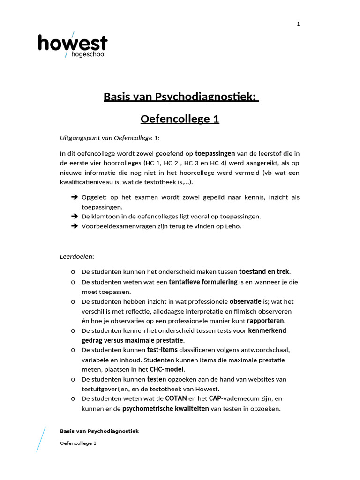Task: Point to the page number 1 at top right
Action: click(x=298, y=24)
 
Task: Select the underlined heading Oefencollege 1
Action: click(x=180, y=119)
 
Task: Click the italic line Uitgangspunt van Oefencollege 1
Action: click(x=110, y=138)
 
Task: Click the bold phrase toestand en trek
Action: click(x=264, y=271)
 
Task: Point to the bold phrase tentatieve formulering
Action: click(x=203, y=282)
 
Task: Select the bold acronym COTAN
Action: click(x=176, y=398)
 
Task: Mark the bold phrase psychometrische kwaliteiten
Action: click(x=165, y=408)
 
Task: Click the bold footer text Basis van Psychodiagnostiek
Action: click(x=99, y=431)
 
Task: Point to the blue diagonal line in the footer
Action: click(x=41, y=439)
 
